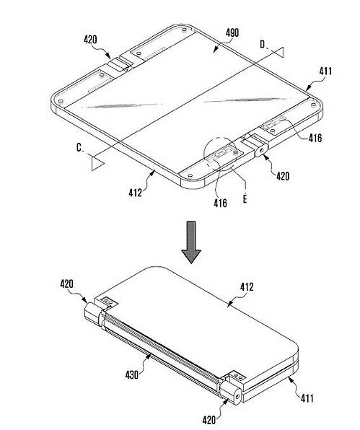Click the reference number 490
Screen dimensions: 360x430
[x=232, y=33]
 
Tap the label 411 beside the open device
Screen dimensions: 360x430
[x=325, y=71]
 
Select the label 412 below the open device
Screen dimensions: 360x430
[x=136, y=193]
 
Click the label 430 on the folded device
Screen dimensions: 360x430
[x=132, y=374]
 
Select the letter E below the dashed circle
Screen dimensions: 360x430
[x=245, y=198]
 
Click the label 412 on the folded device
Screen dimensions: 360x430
[x=247, y=287]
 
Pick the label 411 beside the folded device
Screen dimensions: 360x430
[x=307, y=398]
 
